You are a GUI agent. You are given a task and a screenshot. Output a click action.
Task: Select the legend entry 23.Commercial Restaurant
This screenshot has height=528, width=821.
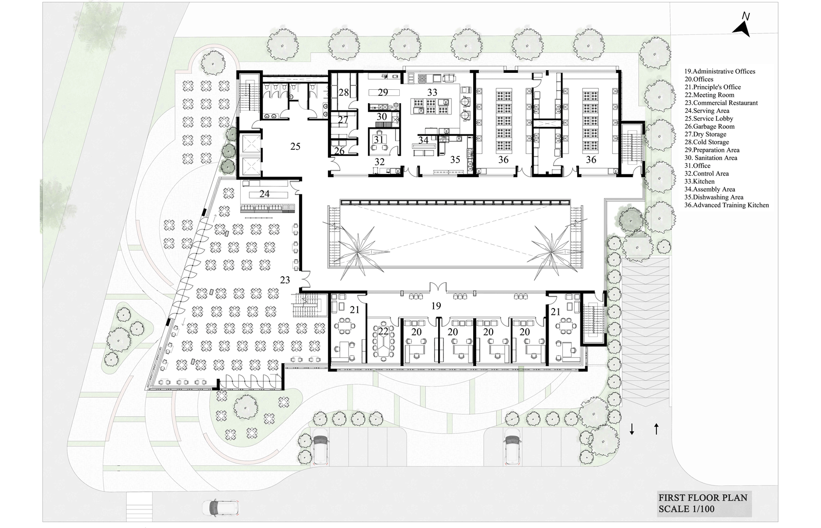[x=721, y=103]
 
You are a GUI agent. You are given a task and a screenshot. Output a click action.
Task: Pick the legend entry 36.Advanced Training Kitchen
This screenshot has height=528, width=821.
[x=727, y=205]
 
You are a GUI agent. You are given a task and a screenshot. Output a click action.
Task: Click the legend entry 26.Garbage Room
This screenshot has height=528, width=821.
[x=709, y=126]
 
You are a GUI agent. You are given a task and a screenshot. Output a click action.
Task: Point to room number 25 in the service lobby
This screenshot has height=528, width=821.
[x=296, y=147]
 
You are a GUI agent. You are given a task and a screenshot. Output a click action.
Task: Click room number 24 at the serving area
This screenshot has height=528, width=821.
[x=264, y=194]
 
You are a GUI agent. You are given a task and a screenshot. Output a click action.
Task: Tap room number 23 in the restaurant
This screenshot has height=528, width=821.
[x=285, y=280]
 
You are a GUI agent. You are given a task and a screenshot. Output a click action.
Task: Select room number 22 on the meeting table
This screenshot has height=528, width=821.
[x=383, y=331]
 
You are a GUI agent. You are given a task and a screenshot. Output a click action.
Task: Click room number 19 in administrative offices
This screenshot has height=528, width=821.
[x=436, y=306]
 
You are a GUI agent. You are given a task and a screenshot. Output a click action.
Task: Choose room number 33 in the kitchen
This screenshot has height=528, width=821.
[x=432, y=92]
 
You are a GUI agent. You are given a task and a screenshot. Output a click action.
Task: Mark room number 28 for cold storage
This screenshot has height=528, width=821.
[x=343, y=92]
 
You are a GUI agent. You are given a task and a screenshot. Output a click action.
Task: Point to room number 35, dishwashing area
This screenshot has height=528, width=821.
[x=455, y=160]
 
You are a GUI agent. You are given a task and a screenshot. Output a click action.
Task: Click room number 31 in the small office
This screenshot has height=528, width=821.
[x=378, y=139]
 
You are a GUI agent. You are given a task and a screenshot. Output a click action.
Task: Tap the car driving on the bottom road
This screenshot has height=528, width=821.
[x=220, y=507]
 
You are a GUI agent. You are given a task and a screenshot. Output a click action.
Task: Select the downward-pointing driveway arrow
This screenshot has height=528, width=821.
[x=632, y=429]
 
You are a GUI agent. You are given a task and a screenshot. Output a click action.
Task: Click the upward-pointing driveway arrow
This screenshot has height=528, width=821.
[x=656, y=428]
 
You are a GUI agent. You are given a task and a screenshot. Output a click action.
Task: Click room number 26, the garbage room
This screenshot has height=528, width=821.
[x=339, y=150]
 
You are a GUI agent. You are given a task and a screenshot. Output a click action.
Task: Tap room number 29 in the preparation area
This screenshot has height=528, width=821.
[x=383, y=92]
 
